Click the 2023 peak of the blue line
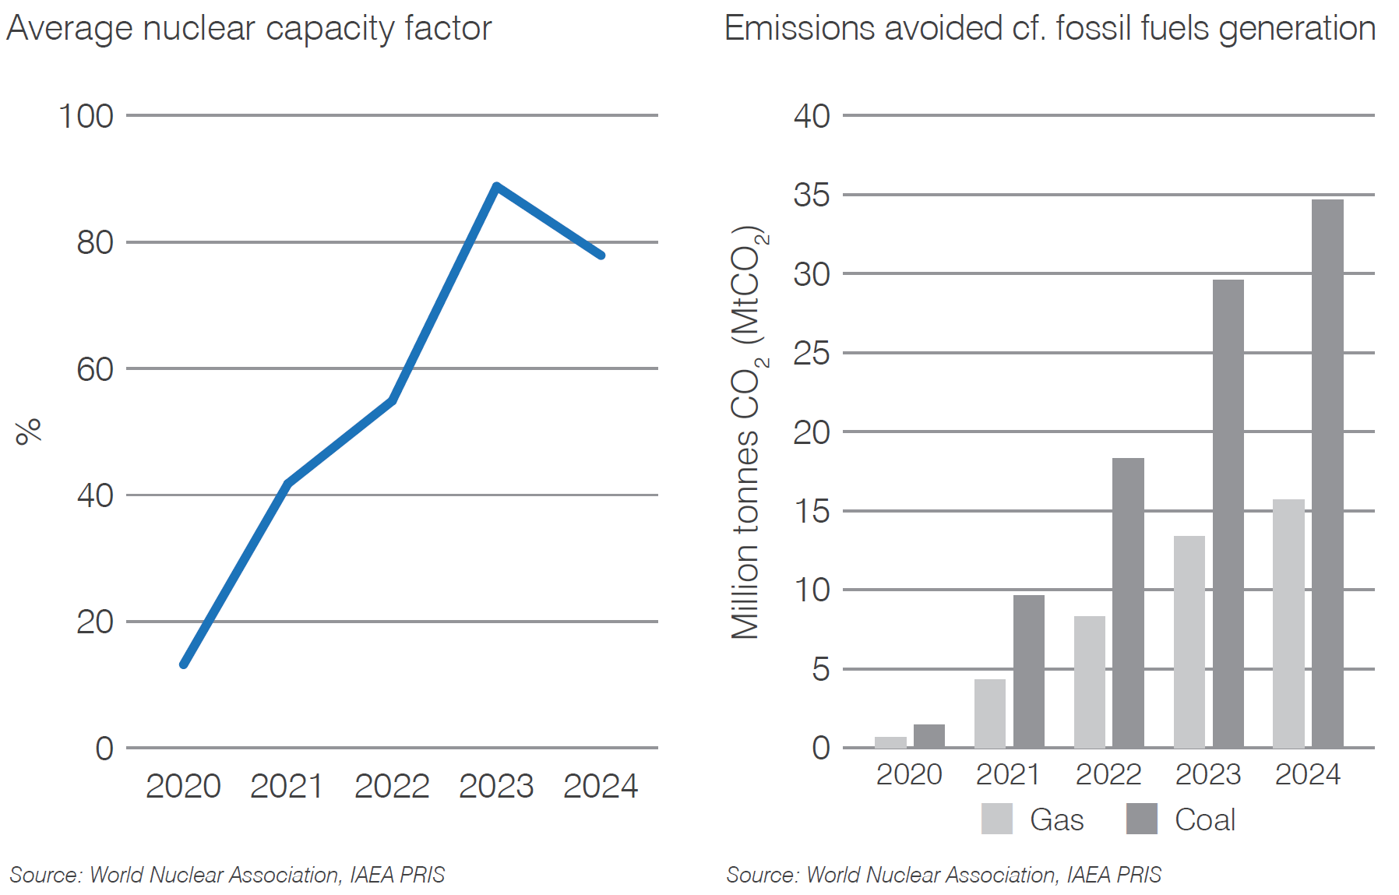click(496, 186)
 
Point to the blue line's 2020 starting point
click(184, 664)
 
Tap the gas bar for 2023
click(1189, 642)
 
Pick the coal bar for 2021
click(1028, 671)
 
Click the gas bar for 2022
click(1089, 682)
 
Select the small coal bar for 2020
click(929, 736)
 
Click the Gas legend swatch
click(996, 819)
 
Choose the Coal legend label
click(1204, 819)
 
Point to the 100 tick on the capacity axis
click(86, 116)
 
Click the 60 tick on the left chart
click(95, 369)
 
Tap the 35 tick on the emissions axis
click(812, 195)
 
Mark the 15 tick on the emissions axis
click(812, 511)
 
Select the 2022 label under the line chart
click(392, 786)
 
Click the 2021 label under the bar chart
click(1008, 774)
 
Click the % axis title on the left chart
click(28, 431)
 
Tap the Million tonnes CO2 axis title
click(747, 433)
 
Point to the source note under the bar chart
click(943, 875)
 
